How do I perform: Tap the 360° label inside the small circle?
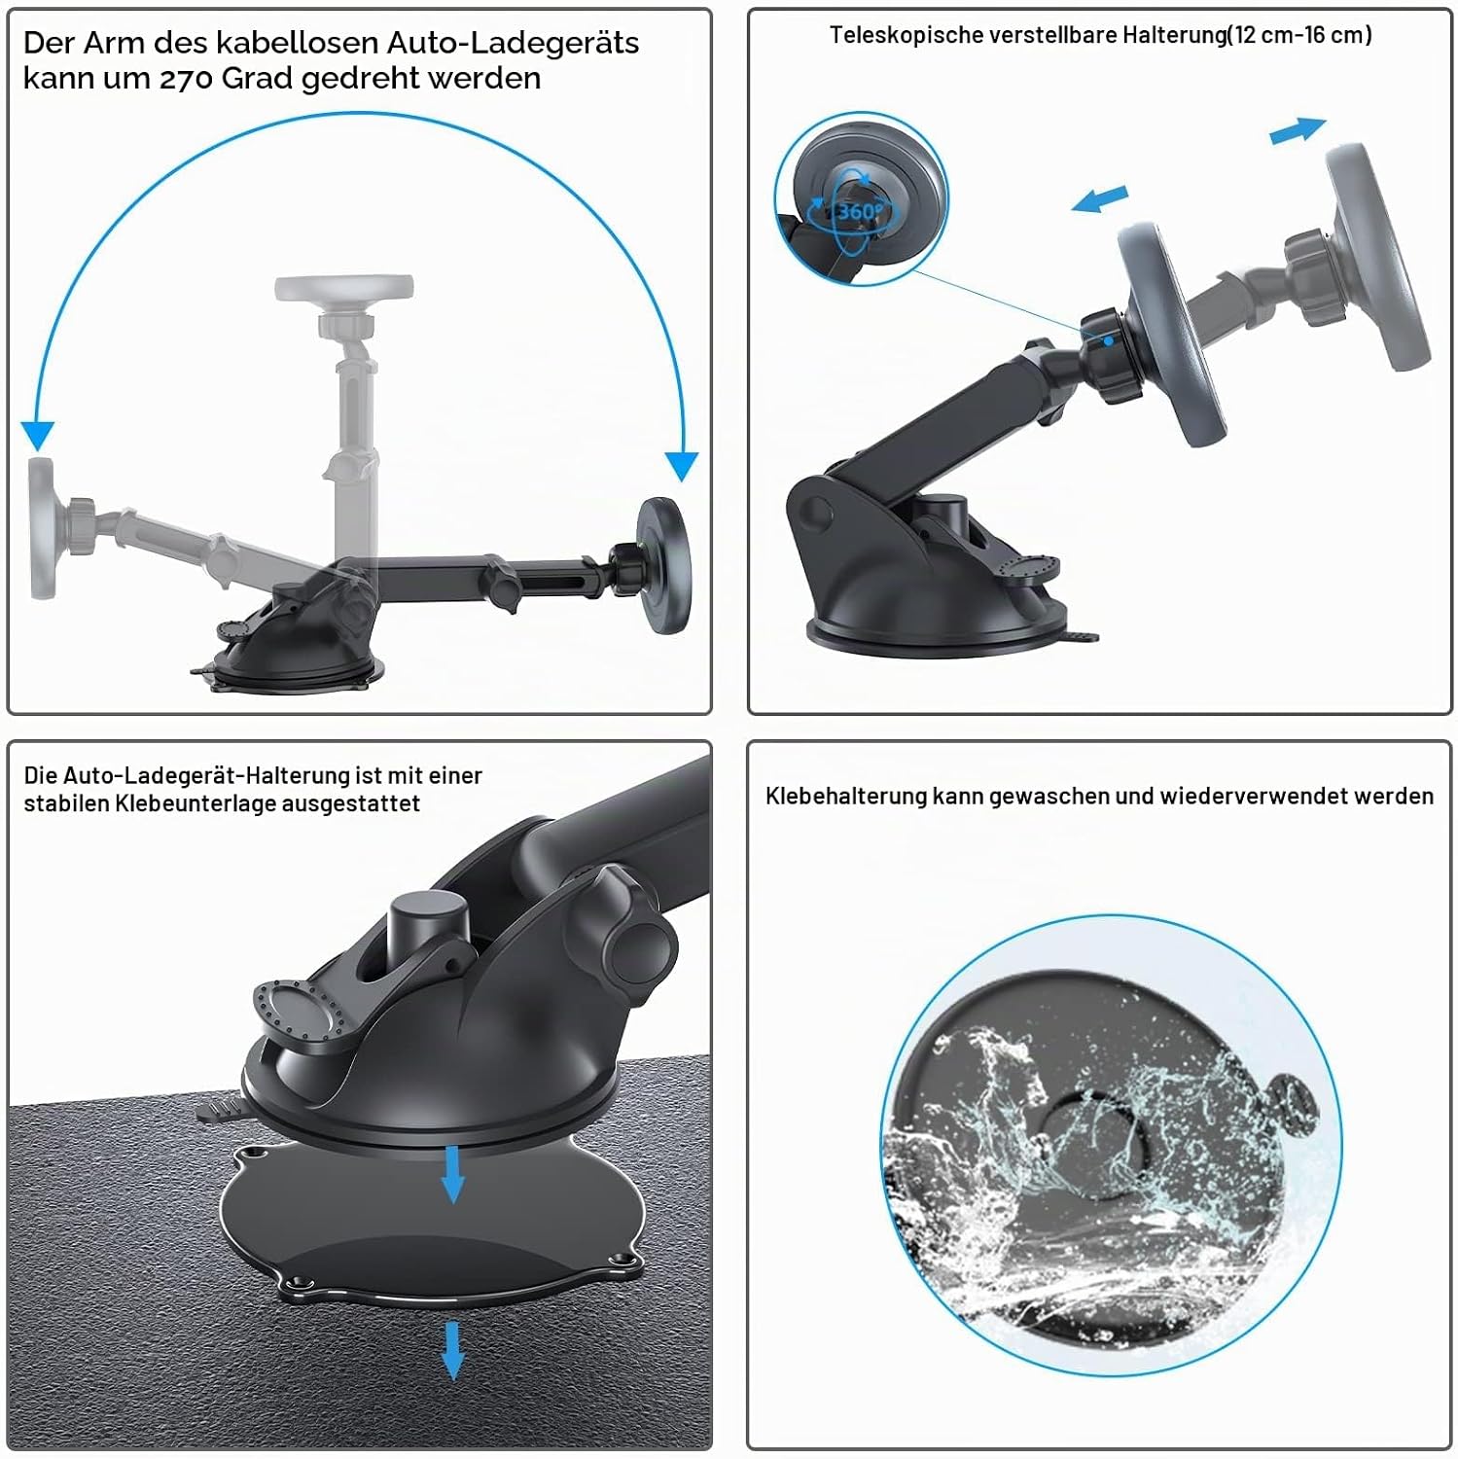(x=860, y=211)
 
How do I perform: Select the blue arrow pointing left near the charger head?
(x=1099, y=198)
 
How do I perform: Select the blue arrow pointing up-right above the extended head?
(x=1298, y=130)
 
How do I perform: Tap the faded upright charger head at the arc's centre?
(x=343, y=288)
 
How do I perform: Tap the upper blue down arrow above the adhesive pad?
(x=452, y=1173)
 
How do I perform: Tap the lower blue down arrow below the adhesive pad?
(x=452, y=1349)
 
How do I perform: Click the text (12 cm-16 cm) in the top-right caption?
(x=1299, y=36)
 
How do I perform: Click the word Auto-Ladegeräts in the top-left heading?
(x=513, y=44)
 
